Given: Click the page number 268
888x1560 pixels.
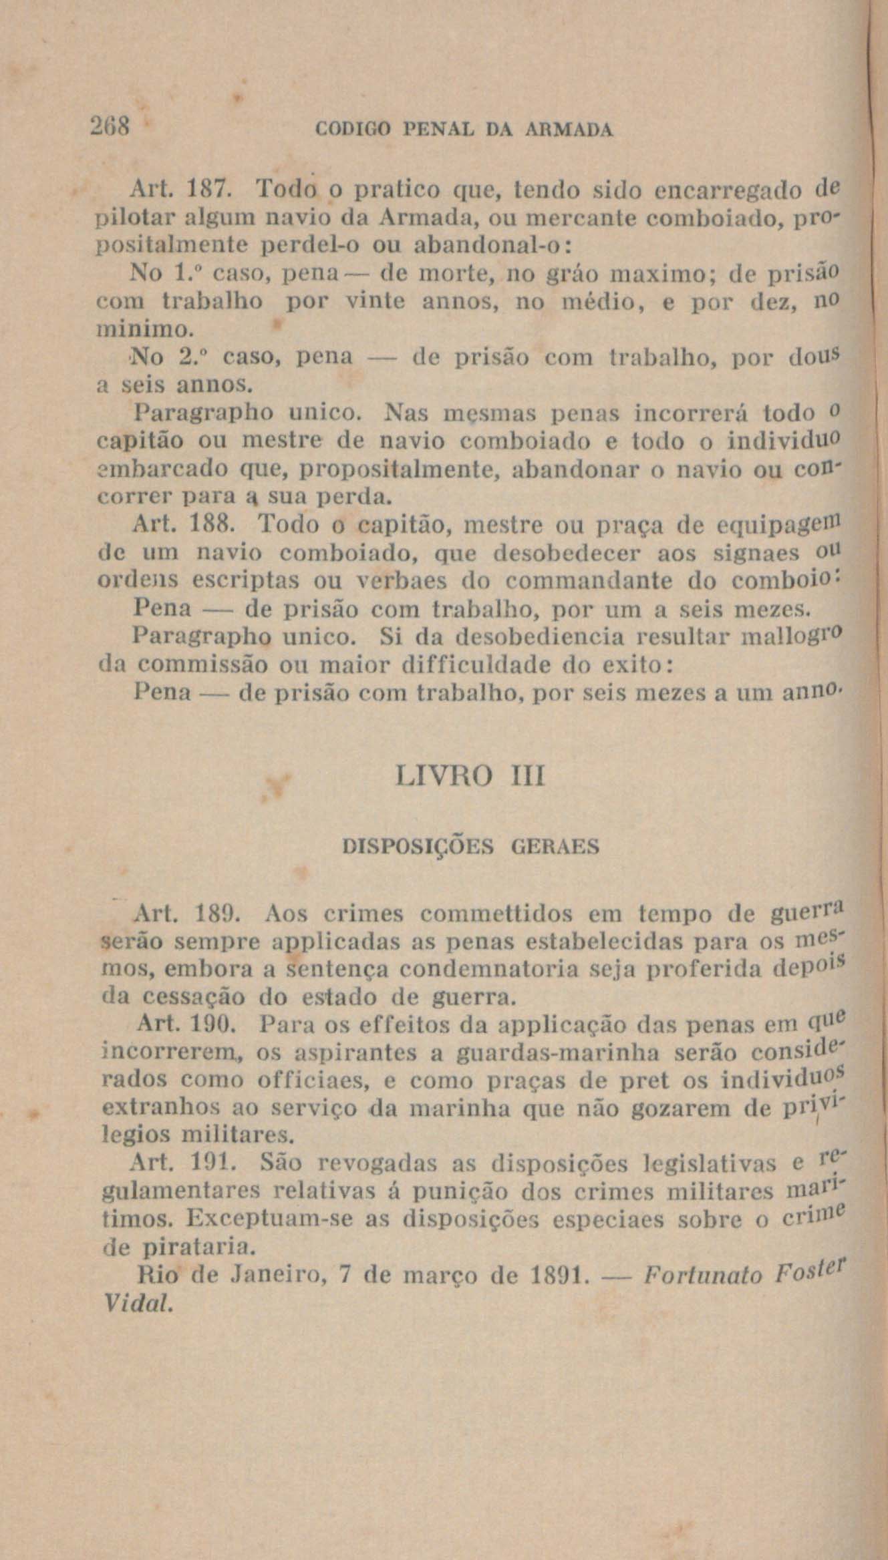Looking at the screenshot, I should click(112, 126).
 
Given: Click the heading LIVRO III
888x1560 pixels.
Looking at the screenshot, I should click(470, 777).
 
